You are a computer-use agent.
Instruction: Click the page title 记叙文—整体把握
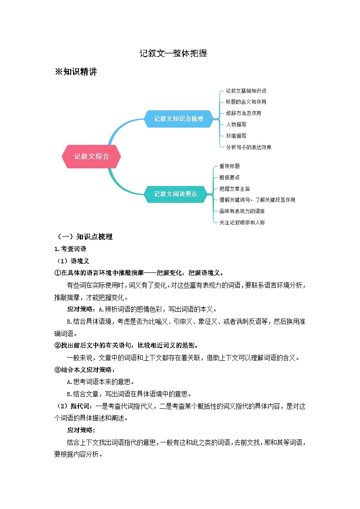tap(173, 53)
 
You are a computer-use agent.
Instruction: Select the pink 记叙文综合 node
tap(91, 156)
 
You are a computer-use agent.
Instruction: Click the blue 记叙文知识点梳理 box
tap(178, 119)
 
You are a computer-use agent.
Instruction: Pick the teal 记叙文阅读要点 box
tap(175, 194)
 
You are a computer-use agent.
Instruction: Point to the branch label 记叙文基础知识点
tap(246, 91)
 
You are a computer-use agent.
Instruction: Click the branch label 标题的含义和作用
tap(246, 102)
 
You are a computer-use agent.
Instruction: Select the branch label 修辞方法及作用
tap(243, 113)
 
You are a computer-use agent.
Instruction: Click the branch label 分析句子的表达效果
tap(248, 147)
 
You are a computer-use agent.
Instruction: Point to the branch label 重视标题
tap(229, 166)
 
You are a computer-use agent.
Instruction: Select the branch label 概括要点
tap(229, 177)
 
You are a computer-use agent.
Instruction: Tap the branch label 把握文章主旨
tap(234, 189)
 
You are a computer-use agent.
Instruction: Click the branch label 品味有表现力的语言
tap(242, 211)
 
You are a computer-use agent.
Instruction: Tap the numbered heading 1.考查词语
tap(70, 249)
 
